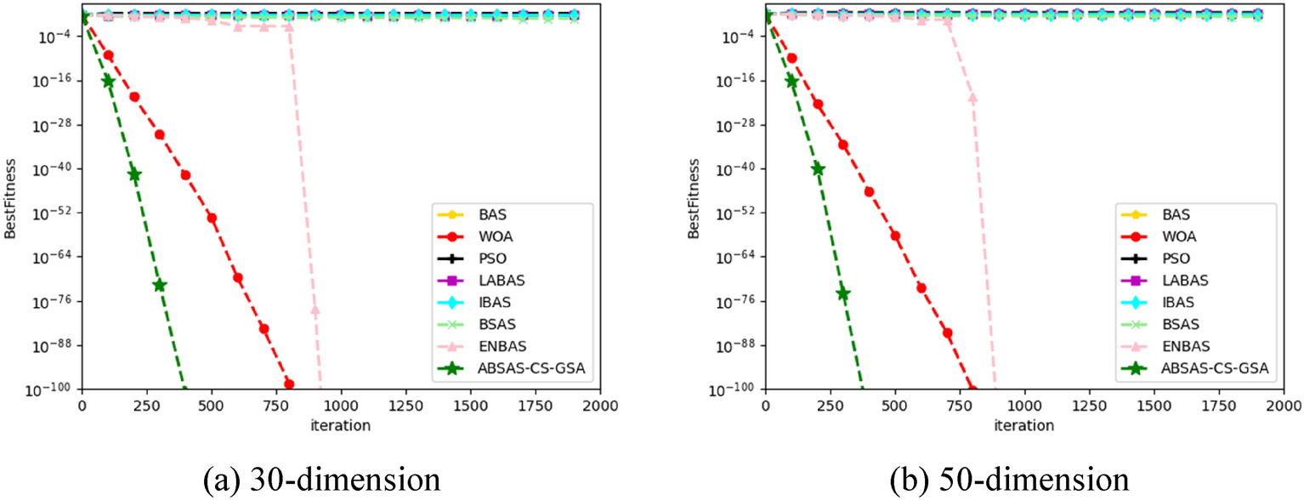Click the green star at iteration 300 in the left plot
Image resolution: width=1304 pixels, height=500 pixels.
(x=159, y=285)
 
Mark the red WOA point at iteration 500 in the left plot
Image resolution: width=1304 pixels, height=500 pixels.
(x=212, y=218)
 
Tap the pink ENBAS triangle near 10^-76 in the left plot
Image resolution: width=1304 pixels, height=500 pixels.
(x=315, y=310)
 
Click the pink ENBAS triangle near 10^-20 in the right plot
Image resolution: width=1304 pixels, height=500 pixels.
(x=972, y=99)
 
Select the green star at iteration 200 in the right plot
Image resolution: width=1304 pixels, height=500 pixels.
(x=818, y=168)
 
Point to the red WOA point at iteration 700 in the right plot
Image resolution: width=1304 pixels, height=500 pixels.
(x=947, y=332)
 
